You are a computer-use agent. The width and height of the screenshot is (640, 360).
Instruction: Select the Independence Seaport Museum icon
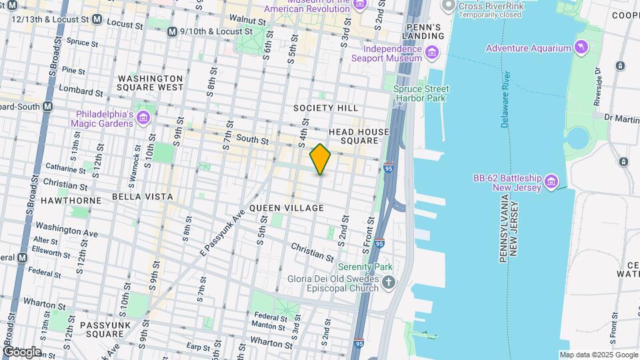point(431,53)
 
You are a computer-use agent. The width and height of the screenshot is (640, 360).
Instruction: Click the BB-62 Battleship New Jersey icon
point(551,181)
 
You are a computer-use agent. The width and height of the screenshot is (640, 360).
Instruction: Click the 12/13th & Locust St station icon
point(97,20)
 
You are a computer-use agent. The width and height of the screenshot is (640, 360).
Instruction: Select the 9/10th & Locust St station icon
point(172,31)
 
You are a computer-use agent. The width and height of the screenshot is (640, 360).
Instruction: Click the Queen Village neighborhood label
point(287,208)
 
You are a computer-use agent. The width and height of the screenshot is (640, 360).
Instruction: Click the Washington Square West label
point(150,82)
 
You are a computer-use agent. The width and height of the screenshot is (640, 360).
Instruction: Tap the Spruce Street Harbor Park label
point(421,93)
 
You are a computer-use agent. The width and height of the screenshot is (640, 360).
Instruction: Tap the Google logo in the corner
point(21,351)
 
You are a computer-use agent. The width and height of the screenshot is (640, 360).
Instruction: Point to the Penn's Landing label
point(424,31)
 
